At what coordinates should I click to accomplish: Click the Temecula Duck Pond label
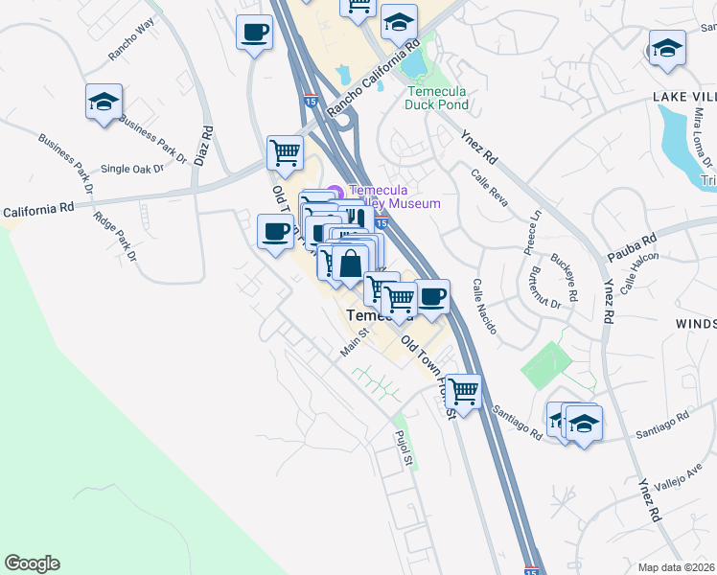click(437, 98)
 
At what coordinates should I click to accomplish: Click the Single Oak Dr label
click(132, 169)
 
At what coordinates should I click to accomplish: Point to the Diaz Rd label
click(202, 145)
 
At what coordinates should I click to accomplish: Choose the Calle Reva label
click(489, 185)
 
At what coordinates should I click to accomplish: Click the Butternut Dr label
click(542, 287)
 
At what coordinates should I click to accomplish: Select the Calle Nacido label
click(484, 307)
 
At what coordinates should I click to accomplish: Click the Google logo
click(32, 563)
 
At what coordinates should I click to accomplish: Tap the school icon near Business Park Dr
click(104, 103)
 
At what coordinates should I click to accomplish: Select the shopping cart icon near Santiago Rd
click(463, 391)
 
